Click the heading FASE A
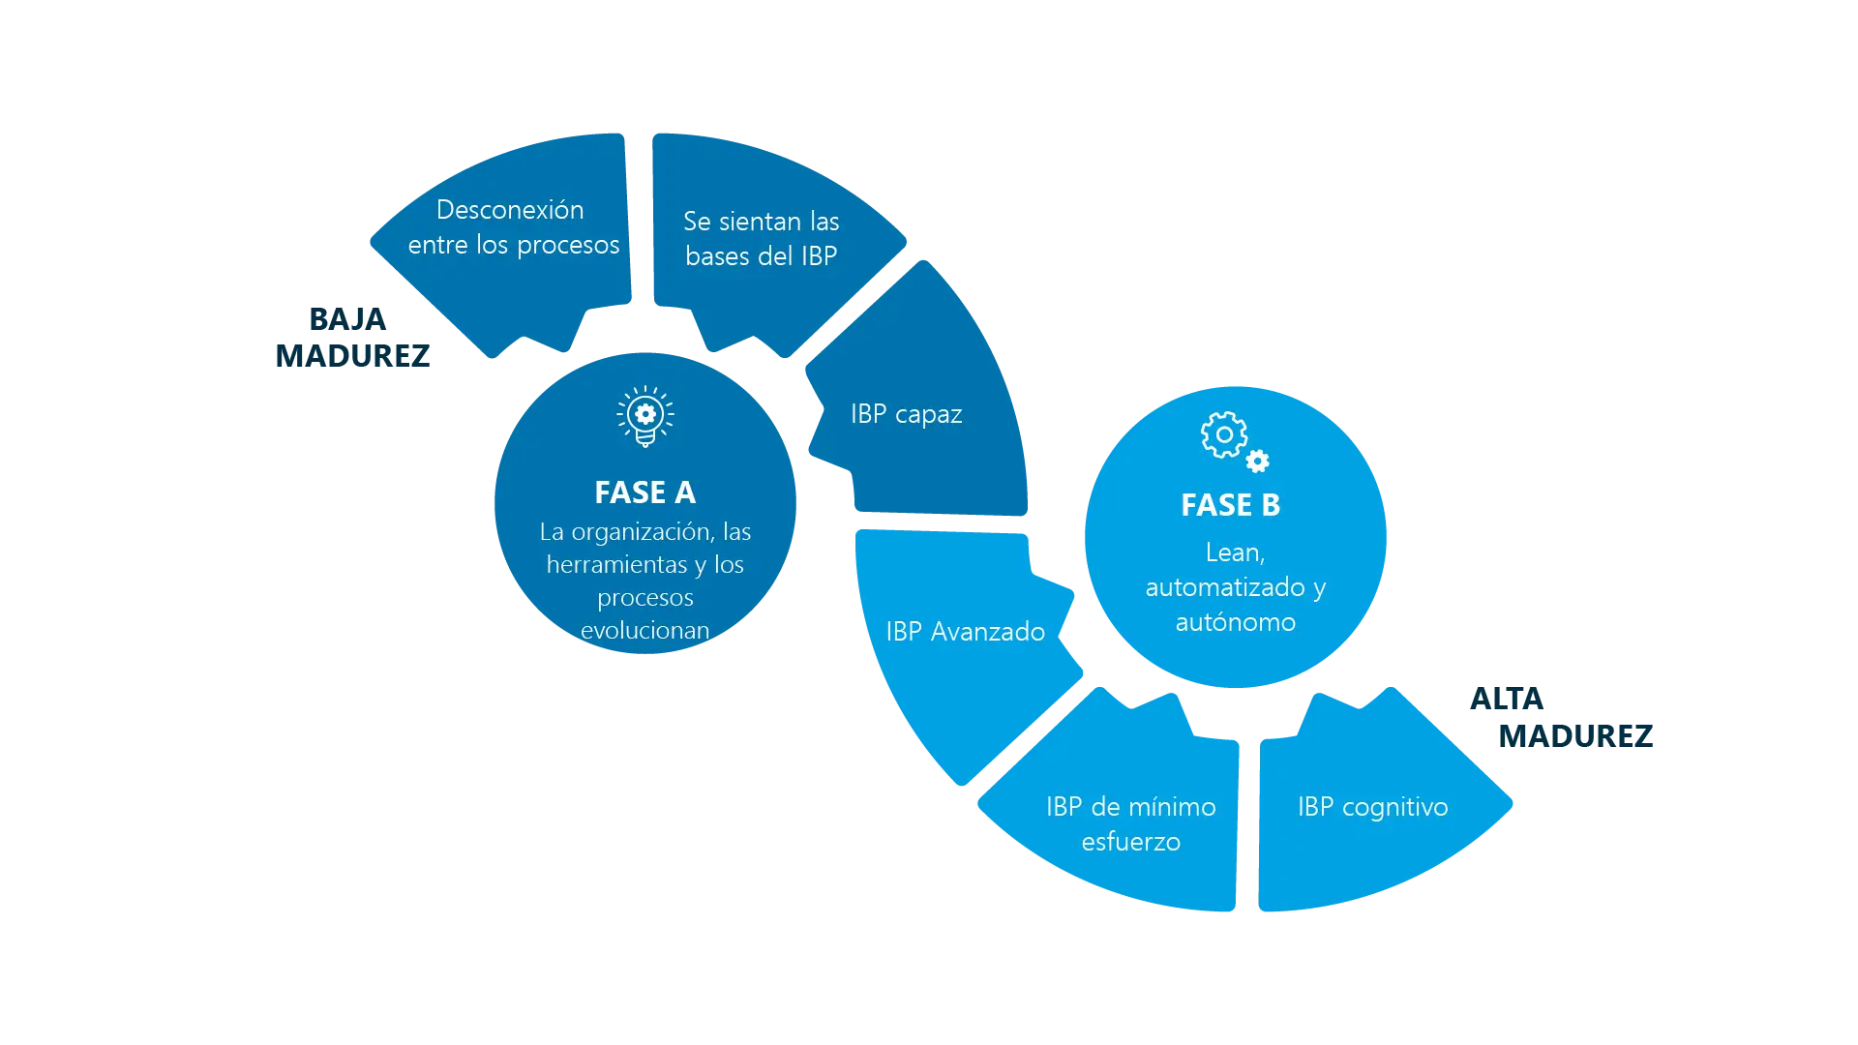click(x=644, y=493)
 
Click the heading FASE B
click(x=1230, y=505)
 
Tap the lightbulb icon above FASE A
click(x=645, y=416)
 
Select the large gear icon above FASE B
click(x=1223, y=434)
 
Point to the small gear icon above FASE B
click(x=1258, y=462)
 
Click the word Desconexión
click(x=510, y=210)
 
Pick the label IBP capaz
click(x=906, y=414)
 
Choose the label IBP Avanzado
click(x=965, y=632)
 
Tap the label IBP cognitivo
click(x=1372, y=807)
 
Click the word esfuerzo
click(x=1130, y=842)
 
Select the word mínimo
click(x=1171, y=807)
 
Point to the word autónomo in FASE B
click(x=1235, y=622)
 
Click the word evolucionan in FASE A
click(x=644, y=630)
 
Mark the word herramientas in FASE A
click(x=615, y=564)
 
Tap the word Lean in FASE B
click(x=1234, y=552)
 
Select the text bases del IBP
click(x=761, y=256)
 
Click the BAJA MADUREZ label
click(x=351, y=337)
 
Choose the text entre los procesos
click(x=513, y=245)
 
